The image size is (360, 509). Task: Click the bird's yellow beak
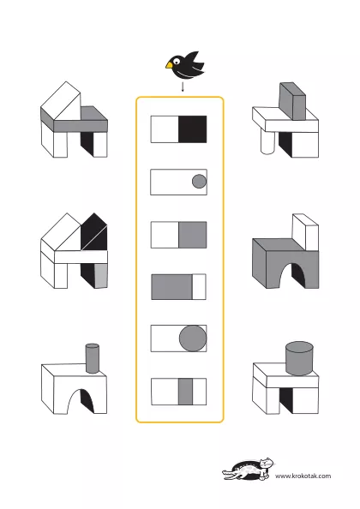[x=169, y=65]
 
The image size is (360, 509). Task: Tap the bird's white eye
[x=177, y=61]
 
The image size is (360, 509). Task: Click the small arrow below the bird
[x=183, y=87]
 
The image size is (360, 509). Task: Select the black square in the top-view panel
[x=193, y=129]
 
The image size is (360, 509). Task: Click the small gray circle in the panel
[x=199, y=182]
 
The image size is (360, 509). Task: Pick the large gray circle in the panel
[x=193, y=338]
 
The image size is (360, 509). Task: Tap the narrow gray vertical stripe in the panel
[x=185, y=392]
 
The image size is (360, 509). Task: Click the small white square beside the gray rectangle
[x=199, y=287]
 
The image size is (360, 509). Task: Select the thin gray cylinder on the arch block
[x=93, y=358]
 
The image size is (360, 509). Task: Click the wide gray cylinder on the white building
[x=299, y=358]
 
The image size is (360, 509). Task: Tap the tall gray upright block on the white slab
[x=292, y=101]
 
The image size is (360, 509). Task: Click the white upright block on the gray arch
[x=305, y=232]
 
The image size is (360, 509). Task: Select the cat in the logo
[x=249, y=469]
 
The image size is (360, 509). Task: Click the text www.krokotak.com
[x=303, y=476]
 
